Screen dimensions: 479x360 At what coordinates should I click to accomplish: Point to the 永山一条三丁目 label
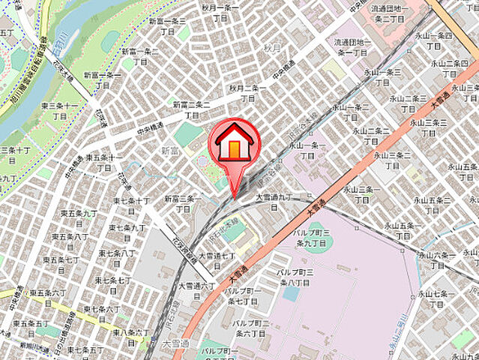tap(382, 76)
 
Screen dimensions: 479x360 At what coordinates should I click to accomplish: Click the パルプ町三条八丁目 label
tap(296, 277)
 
